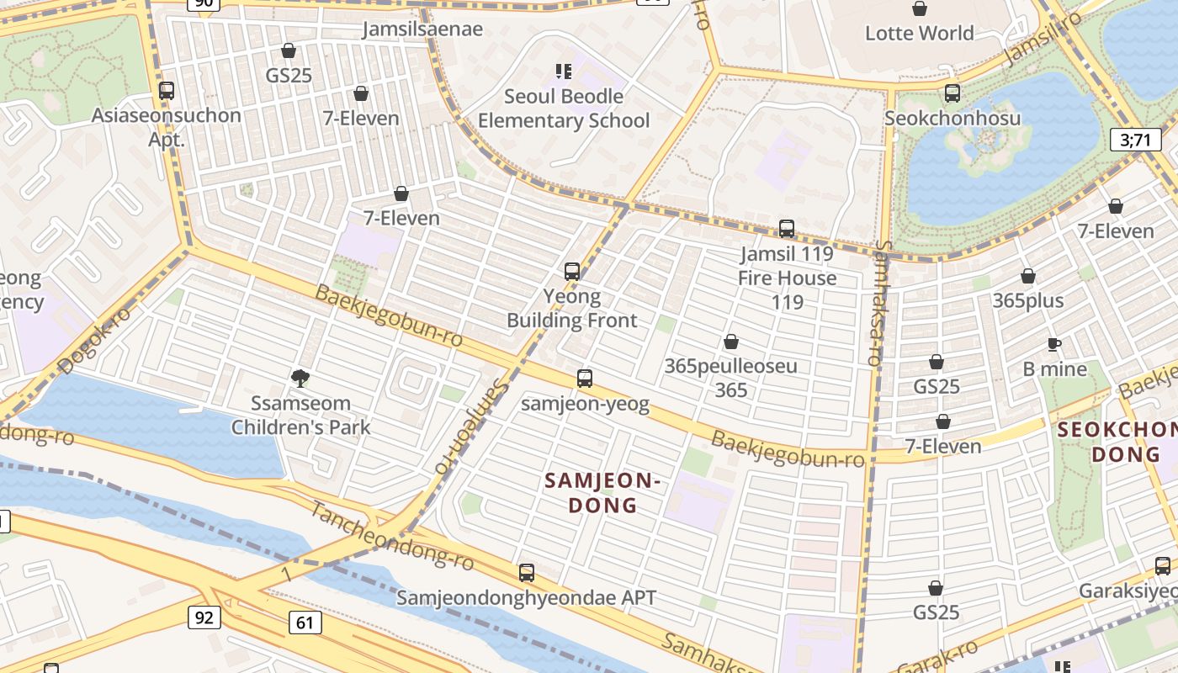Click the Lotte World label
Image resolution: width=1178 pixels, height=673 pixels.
(919, 34)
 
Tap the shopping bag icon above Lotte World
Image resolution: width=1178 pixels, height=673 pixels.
(920, 9)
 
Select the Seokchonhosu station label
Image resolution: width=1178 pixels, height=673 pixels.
(952, 118)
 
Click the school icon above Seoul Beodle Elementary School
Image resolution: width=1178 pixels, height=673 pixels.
(563, 72)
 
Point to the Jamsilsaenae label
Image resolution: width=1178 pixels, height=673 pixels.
(422, 29)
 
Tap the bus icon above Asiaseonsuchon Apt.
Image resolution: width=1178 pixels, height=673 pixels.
(167, 91)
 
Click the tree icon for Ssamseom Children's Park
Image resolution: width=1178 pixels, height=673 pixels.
(300, 379)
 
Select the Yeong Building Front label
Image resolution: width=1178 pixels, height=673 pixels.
(572, 308)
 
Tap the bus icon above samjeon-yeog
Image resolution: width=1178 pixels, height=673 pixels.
(585, 379)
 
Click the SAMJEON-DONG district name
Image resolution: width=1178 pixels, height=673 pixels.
(602, 493)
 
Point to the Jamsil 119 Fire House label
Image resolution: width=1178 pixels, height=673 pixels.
(787, 277)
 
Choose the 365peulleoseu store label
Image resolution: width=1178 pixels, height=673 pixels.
(730, 378)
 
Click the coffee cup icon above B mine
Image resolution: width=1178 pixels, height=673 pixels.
(1054, 344)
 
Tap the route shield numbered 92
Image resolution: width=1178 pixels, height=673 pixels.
(203, 618)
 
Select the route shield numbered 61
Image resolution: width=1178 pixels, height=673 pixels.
(305, 623)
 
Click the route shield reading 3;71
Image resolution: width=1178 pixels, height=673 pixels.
(1135, 140)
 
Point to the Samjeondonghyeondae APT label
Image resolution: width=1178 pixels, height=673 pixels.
(526, 598)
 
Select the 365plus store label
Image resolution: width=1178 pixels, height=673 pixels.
(1027, 300)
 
